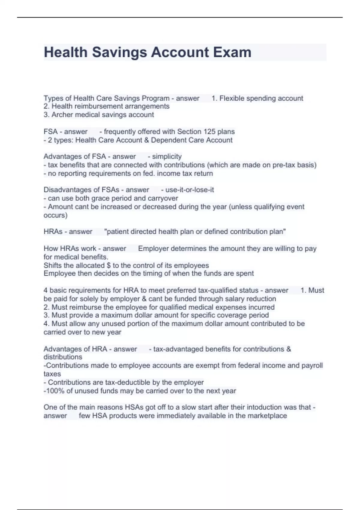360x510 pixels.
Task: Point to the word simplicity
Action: point(167,157)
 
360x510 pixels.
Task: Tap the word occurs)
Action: point(55,215)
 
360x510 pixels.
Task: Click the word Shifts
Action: point(52,265)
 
